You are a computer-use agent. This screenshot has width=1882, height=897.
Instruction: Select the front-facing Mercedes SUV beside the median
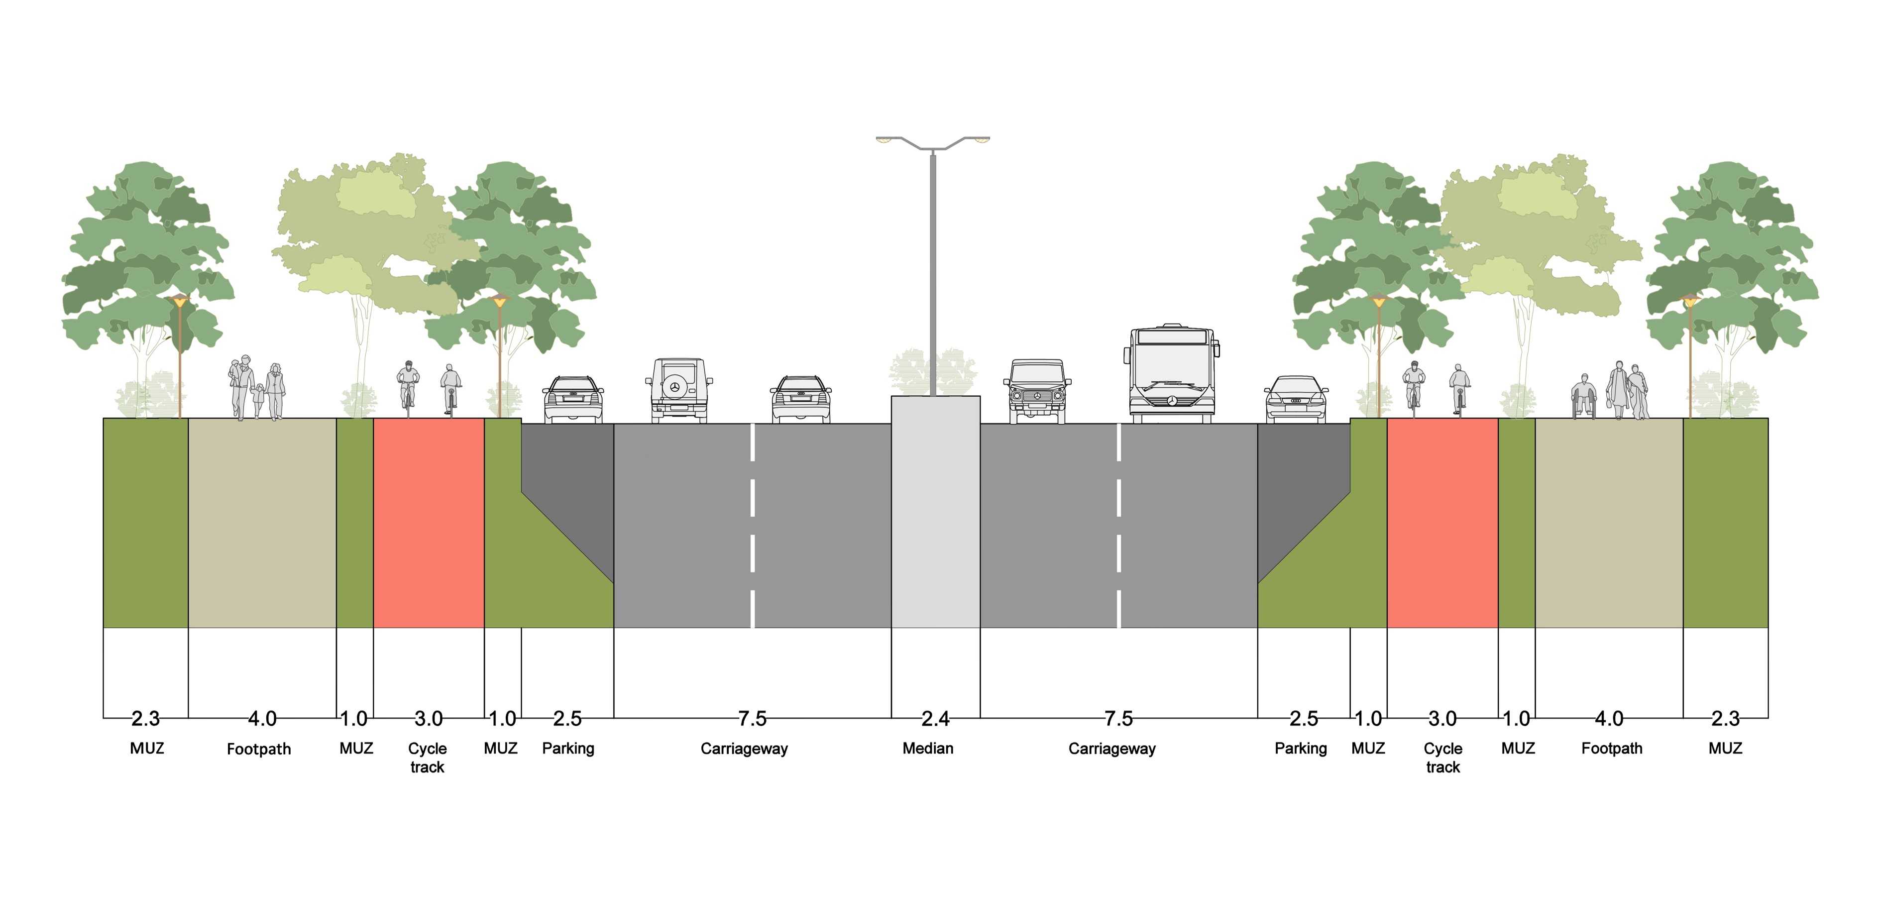tap(1037, 391)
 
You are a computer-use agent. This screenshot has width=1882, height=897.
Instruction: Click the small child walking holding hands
tap(259, 400)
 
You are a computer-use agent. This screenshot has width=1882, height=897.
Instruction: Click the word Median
tap(927, 748)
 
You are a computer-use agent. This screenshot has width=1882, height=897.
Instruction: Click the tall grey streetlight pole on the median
tap(933, 270)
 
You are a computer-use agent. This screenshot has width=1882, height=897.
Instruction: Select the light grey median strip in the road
tap(935, 511)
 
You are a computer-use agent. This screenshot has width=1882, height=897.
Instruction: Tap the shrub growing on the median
tap(906, 372)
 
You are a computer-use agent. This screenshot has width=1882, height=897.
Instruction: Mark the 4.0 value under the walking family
tap(261, 719)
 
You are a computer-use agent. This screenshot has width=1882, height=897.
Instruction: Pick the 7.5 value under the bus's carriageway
tap(1118, 719)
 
